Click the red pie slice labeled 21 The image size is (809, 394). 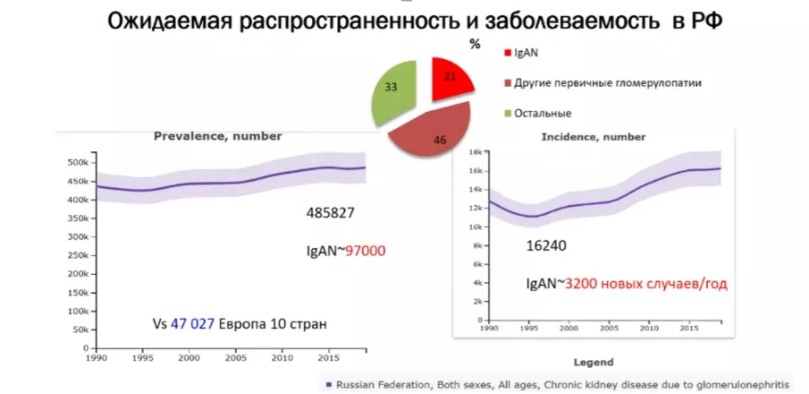coord(451,77)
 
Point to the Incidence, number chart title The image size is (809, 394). coord(593,137)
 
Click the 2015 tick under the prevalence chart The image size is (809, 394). coord(327,356)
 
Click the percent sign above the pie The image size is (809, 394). coord(475,43)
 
